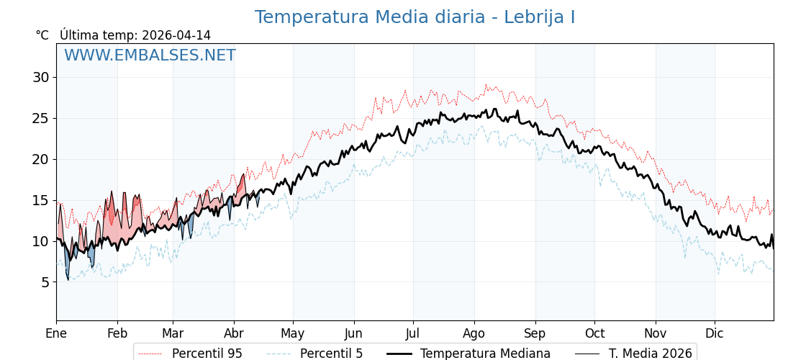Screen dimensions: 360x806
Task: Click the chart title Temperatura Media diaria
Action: pos(415,17)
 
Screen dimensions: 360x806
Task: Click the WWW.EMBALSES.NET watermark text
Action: pos(150,55)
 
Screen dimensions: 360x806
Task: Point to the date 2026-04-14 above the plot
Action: pos(176,35)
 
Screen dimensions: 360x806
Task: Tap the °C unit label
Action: pos(42,35)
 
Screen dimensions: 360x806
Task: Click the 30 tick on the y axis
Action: pos(40,77)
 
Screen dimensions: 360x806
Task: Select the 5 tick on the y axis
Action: pos(45,282)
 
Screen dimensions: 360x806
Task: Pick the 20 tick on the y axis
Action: pos(40,159)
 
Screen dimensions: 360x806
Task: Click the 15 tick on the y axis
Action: pos(40,200)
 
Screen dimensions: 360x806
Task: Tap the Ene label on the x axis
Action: pos(56,333)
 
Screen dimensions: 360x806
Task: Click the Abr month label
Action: pos(234,333)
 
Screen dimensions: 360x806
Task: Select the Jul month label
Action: pos(413,333)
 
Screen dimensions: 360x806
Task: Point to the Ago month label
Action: pos(474,333)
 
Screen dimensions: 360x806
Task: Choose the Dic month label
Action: pos(715,333)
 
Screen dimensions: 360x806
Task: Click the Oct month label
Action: pos(594,333)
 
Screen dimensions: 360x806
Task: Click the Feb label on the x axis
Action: pos(117,333)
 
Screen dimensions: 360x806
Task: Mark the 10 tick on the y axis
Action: pos(40,241)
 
